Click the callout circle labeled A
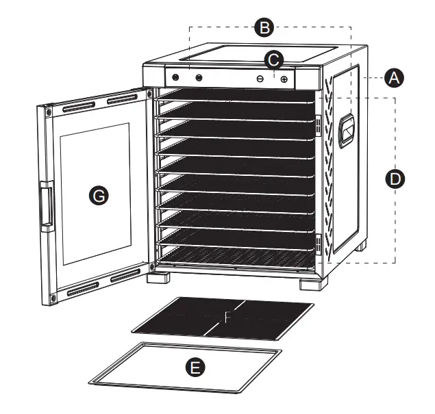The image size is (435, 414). (x=393, y=79)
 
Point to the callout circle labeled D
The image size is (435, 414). (x=395, y=180)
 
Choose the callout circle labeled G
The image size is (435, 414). (x=99, y=196)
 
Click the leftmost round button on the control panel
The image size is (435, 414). (x=175, y=77)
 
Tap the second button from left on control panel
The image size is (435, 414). (x=199, y=77)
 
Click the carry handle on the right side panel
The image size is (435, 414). (x=349, y=129)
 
